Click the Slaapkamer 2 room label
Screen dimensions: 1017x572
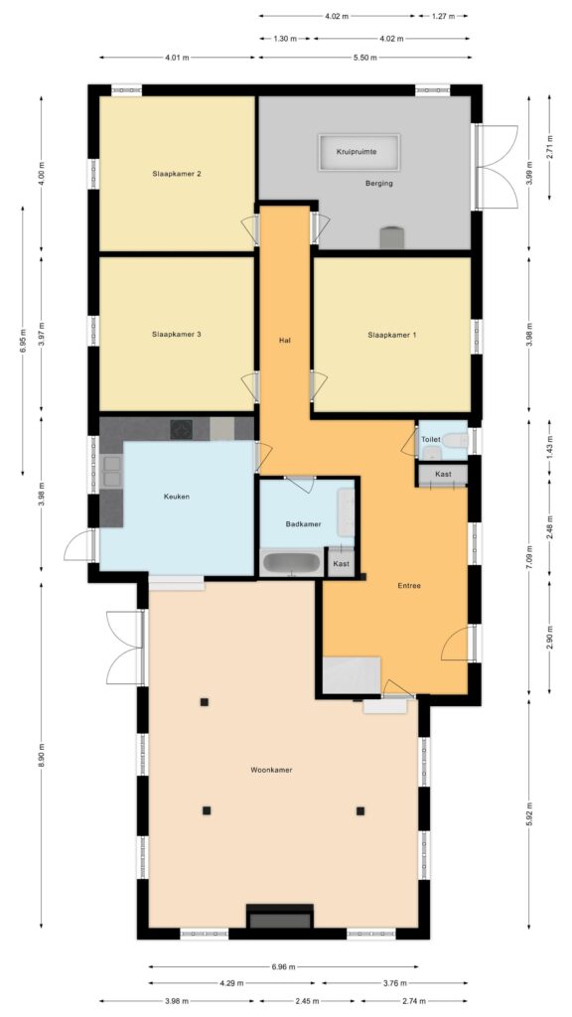click(x=177, y=174)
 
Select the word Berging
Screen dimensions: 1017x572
click(x=378, y=184)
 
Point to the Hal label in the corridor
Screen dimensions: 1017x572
click(x=284, y=340)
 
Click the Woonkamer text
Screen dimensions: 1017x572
click(x=270, y=769)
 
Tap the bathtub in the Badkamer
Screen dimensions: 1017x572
click(x=291, y=563)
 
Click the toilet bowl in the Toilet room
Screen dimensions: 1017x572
click(x=455, y=439)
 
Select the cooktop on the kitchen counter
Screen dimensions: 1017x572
click(x=182, y=429)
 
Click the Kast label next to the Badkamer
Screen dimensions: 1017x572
click(x=341, y=563)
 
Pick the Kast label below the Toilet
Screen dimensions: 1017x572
click(x=443, y=474)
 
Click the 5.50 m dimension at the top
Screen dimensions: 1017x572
click(x=364, y=58)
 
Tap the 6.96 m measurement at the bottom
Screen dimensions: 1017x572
click(x=284, y=965)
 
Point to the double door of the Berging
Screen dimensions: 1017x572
click(x=495, y=167)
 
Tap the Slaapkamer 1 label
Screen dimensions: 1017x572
click(x=391, y=335)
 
